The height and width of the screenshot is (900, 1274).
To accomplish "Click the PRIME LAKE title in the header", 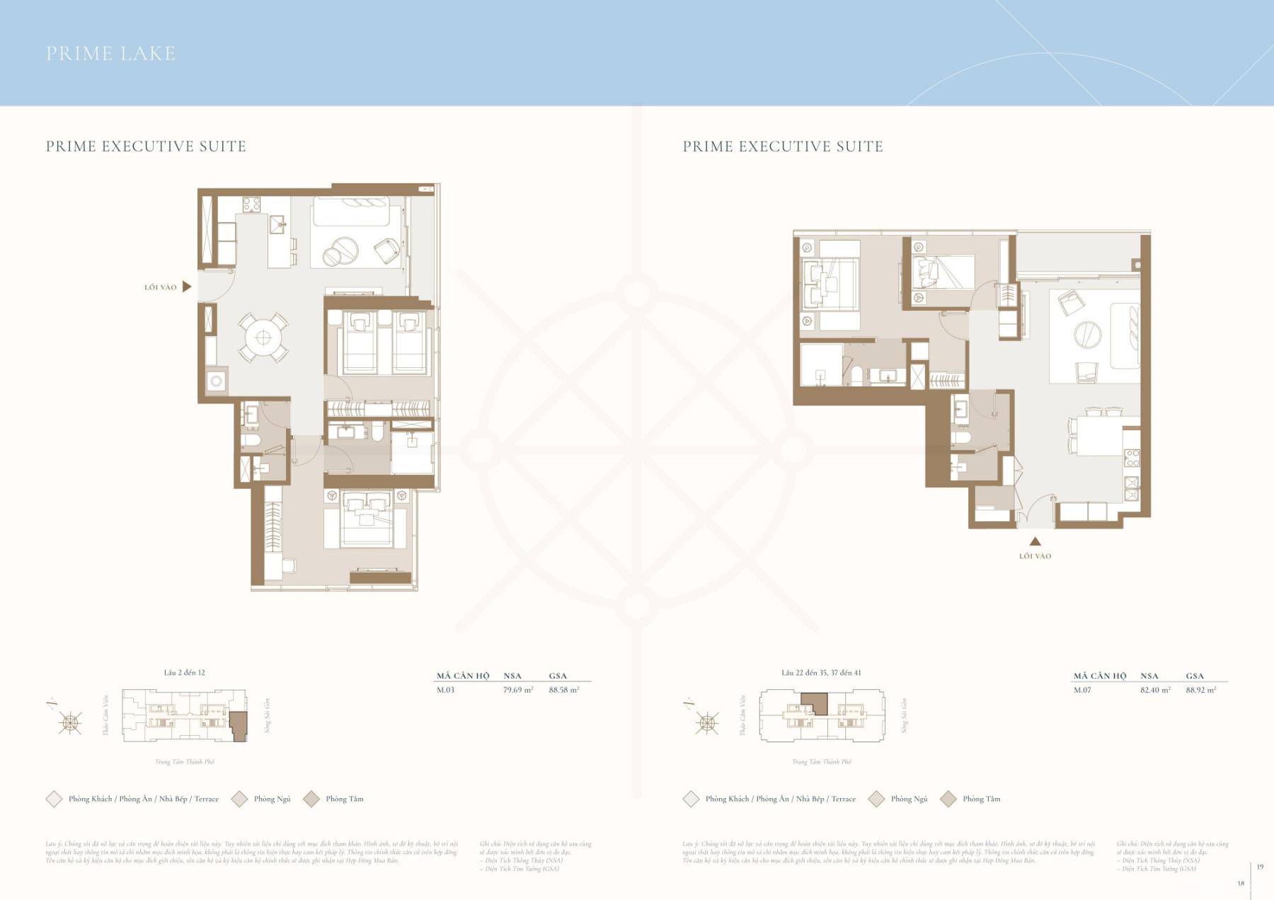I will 110,54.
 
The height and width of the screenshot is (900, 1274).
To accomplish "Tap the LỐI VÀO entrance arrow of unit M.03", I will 187,287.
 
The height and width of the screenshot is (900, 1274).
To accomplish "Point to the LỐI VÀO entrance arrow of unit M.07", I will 1035,541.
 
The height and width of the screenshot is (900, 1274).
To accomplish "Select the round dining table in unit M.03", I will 263,337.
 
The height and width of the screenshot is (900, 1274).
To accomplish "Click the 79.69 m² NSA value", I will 518,690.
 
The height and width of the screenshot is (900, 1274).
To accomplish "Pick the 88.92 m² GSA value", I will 1201,690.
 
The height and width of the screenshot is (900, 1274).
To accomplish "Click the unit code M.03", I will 445,690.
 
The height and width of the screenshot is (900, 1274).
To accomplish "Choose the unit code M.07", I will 1082,690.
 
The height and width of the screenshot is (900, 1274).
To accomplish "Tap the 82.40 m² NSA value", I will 1155,690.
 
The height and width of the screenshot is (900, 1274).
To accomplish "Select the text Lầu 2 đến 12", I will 184,673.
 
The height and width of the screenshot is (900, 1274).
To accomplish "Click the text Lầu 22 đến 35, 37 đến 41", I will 821,673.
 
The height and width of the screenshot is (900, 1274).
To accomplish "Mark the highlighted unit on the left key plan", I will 239,726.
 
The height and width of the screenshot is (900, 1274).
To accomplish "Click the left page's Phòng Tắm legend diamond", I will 311,799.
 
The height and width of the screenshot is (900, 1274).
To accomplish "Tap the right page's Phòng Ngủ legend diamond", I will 876,799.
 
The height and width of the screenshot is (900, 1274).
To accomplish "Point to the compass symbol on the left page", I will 70,722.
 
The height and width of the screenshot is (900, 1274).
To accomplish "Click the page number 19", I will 1260,867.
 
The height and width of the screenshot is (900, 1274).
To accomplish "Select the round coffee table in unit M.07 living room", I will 1087,334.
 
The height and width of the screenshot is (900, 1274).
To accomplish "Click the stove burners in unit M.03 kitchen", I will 251,204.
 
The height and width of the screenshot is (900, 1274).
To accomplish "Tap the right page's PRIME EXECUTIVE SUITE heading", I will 782,146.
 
